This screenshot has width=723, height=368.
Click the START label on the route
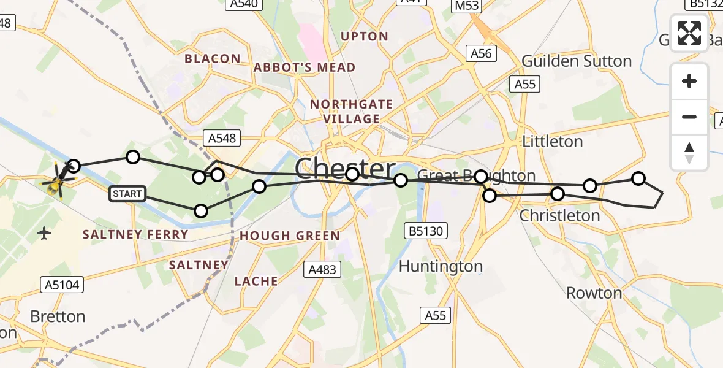pos(127,194)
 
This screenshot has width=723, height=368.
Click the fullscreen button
pos(689,33)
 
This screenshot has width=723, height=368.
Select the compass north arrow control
pos(689,153)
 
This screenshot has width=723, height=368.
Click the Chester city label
pos(345,169)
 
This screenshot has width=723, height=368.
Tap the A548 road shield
pos(222,138)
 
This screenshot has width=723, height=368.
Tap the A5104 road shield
pos(62,284)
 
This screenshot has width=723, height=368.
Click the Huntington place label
pos(441,266)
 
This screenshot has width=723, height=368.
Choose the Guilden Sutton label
pos(577,61)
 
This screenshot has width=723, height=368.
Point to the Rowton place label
pos(594,293)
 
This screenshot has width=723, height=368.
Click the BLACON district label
pos(213,59)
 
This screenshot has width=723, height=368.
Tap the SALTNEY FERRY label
pos(135,234)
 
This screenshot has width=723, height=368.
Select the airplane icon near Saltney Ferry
pos(44,233)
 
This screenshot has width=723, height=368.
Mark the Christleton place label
pos(559,215)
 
